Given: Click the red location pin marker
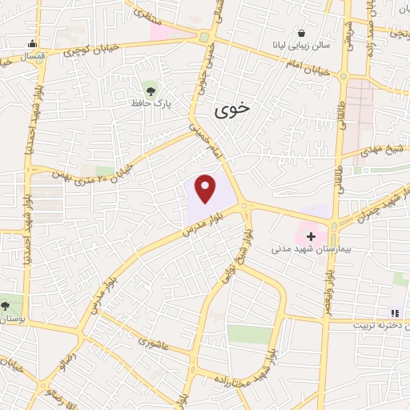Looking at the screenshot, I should (x=207, y=188).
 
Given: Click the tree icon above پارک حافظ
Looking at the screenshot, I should (x=150, y=88).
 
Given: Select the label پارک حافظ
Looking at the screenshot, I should (x=153, y=103).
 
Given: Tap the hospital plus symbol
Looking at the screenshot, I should (x=311, y=237).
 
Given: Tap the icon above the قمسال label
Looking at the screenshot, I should (x=31, y=44).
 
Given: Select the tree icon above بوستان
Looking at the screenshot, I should (x=6, y=305).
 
